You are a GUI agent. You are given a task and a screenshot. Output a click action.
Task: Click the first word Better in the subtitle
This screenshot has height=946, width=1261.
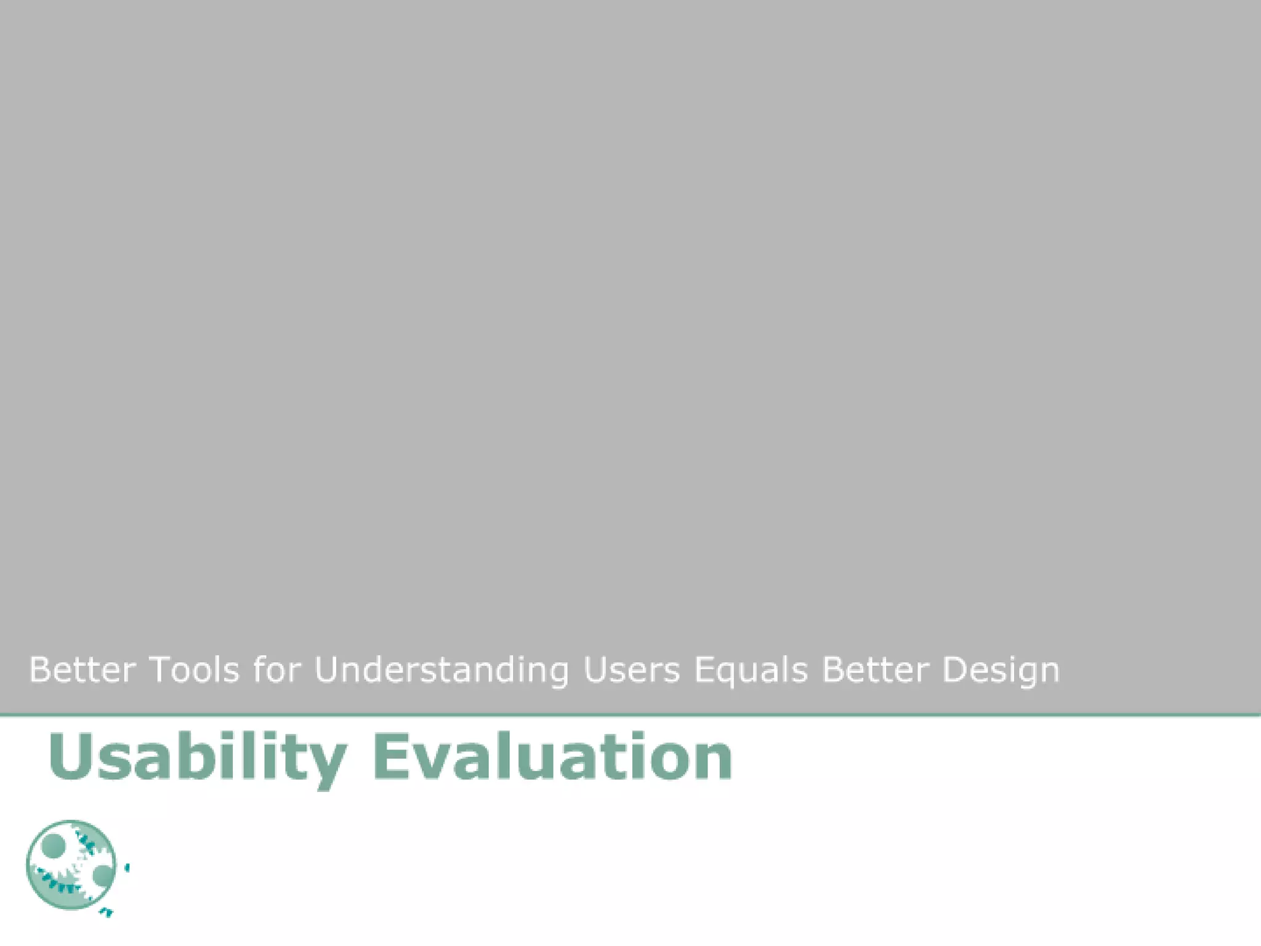click(82, 670)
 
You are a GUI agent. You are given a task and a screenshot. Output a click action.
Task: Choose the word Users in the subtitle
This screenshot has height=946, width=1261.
click(632, 670)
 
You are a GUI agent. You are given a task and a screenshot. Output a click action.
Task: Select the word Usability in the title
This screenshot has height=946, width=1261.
click(197, 758)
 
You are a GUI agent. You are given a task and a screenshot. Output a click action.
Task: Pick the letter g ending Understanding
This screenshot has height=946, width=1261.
click(557, 674)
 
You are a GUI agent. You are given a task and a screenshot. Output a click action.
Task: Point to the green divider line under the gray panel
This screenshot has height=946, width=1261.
click(630, 715)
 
